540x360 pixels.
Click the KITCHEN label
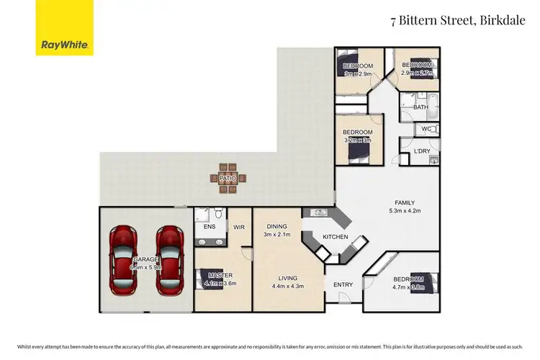(x=336, y=237)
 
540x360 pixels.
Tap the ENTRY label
(x=343, y=284)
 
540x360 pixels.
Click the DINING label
(x=276, y=225)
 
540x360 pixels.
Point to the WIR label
(x=238, y=228)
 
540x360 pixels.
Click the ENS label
(x=210, y=228)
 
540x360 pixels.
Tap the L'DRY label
(x=422, y=150)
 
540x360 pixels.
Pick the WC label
(x=426, y=130)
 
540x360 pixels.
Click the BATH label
(x=421, y=107)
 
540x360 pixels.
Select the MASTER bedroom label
(x=220, y=275)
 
